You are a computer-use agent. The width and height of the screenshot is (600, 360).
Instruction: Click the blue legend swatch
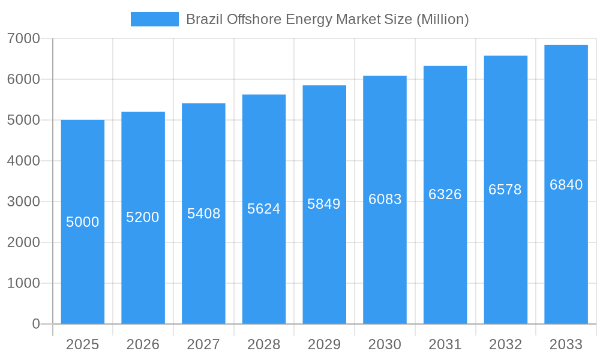[x=154, y=19]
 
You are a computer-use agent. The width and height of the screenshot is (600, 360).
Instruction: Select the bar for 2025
[x=83, y=270]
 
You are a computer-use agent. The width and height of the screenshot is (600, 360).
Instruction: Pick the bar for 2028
[x=264, y=270]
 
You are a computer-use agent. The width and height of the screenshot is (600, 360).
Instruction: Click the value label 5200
[x=143, y=217]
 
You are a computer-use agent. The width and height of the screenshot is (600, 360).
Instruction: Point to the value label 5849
[x=324, y=204]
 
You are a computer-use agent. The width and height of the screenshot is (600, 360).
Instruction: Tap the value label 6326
[x=445, y=194]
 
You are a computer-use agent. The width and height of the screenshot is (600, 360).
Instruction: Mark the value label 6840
[x=566, y=185]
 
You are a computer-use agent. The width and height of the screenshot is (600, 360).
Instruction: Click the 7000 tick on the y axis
[x=23, y=38]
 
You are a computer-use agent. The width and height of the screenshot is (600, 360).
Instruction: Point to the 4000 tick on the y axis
[x=23, y=161]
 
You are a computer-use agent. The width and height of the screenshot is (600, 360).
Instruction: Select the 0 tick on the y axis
[x=35, y=324]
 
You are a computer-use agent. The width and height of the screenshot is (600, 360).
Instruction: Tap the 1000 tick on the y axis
[x=23, y=283]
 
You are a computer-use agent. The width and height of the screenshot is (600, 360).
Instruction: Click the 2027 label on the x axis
[x=203, y=344]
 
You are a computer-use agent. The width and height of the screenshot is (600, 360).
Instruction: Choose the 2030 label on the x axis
[x=385, y=344]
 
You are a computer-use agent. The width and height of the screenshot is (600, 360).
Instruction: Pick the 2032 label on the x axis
[x=505, y=344]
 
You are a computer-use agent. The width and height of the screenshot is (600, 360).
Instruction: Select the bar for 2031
[x=445, y=270]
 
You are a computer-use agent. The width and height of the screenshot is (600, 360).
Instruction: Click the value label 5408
[x=203, y=214]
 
